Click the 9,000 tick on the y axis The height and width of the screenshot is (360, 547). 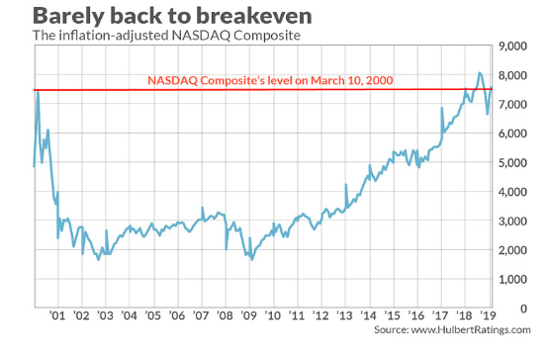click(x=512, y=46)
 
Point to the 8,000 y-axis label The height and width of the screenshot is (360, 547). click(x=512, y=76)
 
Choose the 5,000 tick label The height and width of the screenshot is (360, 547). click(x=512, y=163)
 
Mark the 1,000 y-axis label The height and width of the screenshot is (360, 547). click(x=512, y=280)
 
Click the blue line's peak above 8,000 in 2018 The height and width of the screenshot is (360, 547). click(x=479, y=72)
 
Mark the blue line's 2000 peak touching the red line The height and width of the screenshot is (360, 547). click(x=38, y=91)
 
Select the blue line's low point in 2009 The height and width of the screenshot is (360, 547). click(x=253, y=259)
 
